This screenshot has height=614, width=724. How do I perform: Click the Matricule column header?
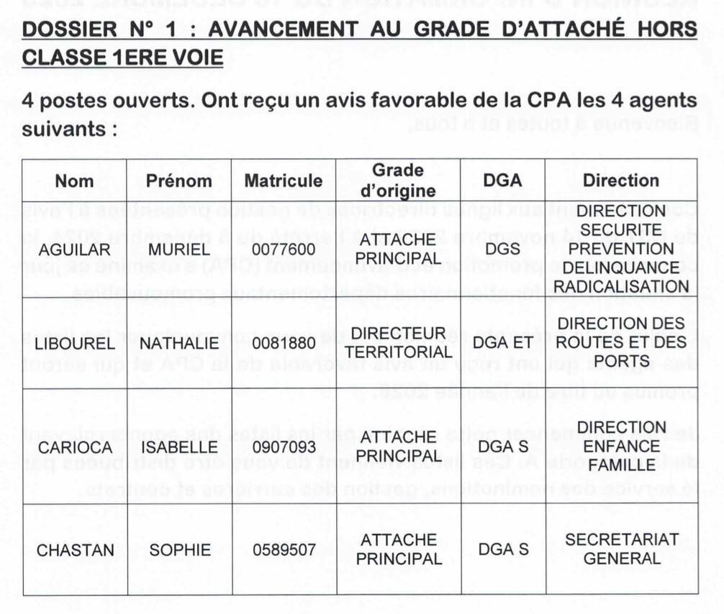click(283, 180)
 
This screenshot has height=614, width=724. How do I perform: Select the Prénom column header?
click(179, 180)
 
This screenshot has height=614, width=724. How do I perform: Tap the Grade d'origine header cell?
click(398, 180)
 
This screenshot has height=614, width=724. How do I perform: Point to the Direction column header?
click(620, 180)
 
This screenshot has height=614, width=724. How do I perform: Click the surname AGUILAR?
click(74, 249)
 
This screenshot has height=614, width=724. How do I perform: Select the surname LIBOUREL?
click(74, 343)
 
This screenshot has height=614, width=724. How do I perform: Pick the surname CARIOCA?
click(74, 446)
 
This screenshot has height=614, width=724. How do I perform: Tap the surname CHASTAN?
click(74, 550)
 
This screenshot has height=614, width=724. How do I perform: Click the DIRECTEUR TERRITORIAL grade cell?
click(398, 343)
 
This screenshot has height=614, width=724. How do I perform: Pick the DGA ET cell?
click(503, 343)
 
